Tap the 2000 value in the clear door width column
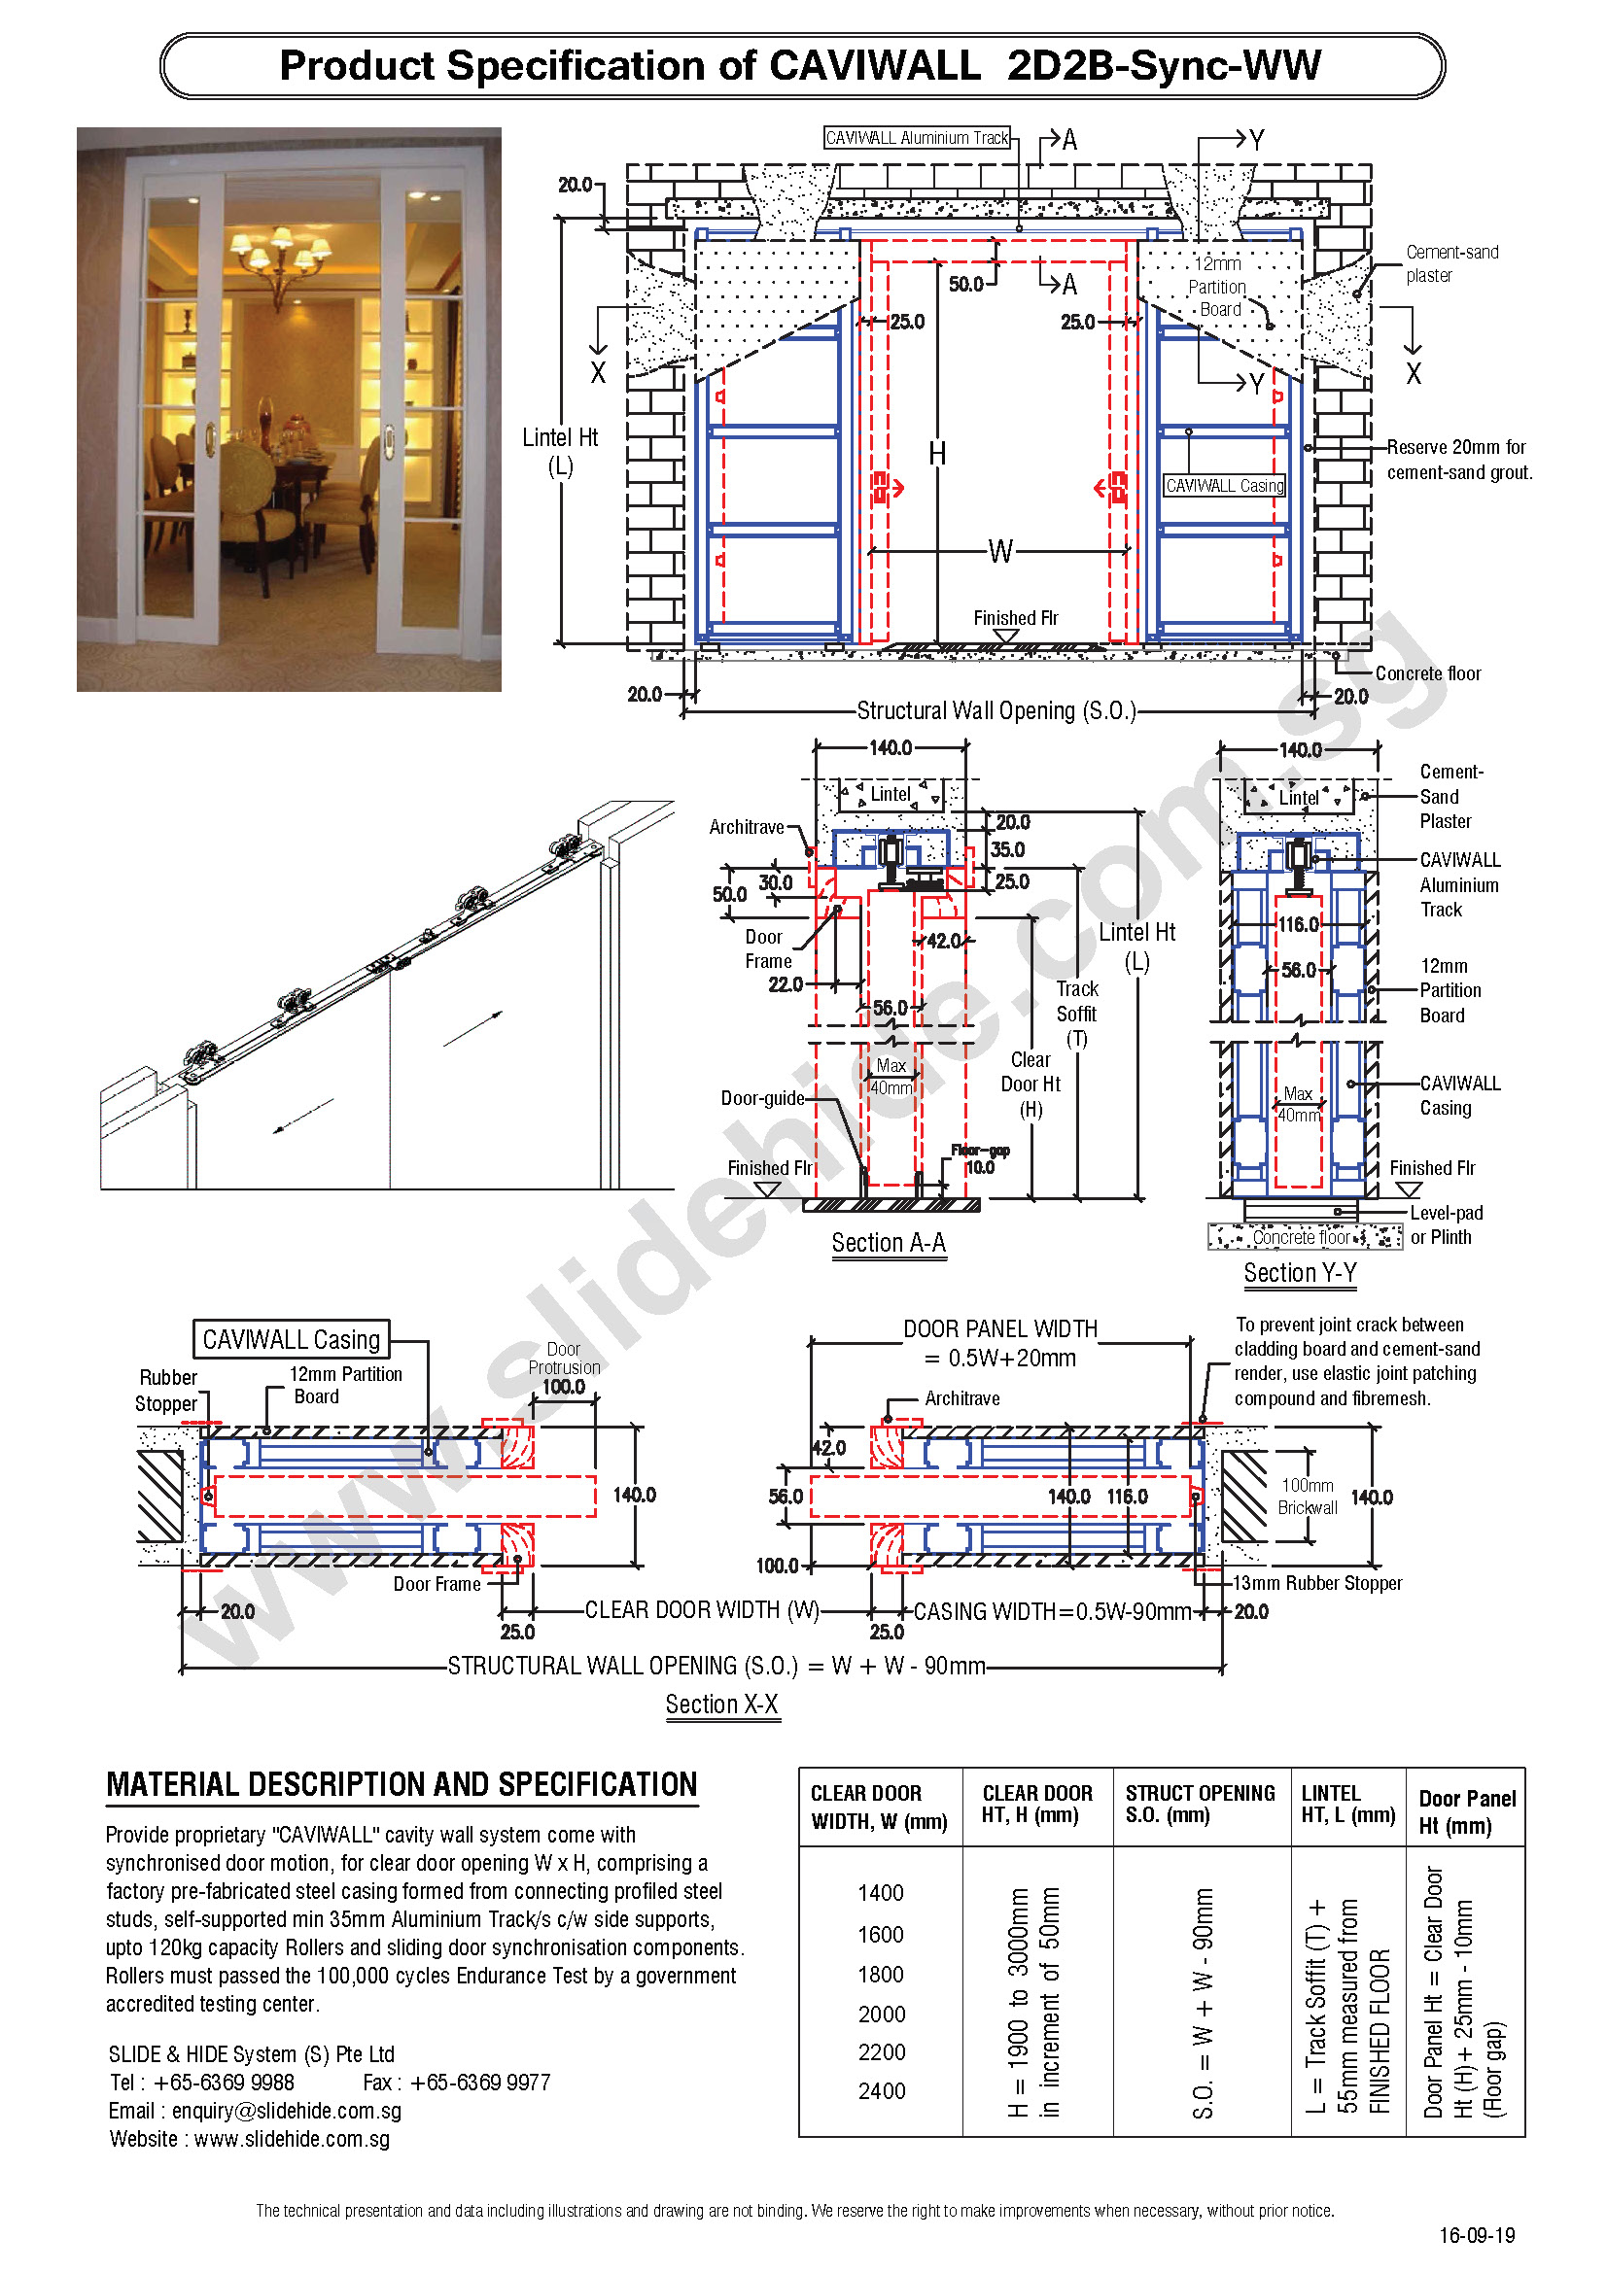click(881, 2014)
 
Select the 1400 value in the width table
click(880, 1893)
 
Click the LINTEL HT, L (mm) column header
click(1347, 1804)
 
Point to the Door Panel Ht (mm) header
click(1466, 1810)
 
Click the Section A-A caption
click(889, 1243)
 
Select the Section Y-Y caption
click(1299, 1272)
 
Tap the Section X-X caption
click(721, 1704)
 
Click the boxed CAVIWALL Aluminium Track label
click(917, 138)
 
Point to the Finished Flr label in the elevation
click(1015, 618)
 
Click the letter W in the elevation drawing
click(1000, 551)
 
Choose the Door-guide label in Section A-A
click(762, 1098)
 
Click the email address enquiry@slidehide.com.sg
click(286, 2111)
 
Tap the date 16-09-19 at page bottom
click(1477, 2234)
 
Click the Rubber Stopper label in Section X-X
click(167, 1390)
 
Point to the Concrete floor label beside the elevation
click(1427, 673)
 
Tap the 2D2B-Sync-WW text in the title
click(1164, 65)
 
